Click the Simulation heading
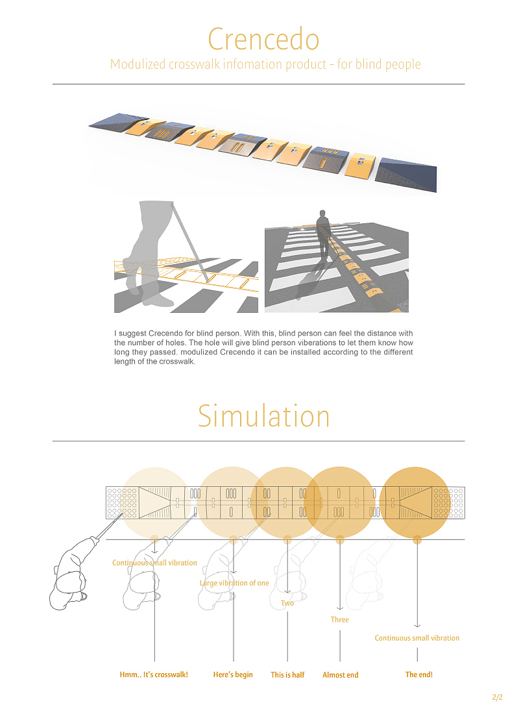point(263,415)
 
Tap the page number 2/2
point(498,697)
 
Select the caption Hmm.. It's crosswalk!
point(154,675)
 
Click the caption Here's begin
point(233,675)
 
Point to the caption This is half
point(287,675)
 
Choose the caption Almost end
point(340,675)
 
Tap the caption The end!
point(418,675)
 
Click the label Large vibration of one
point(234,583)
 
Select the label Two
point(287,603)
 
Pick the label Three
point(339,620)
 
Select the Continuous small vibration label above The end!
point(417,638)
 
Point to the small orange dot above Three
point(340,539)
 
